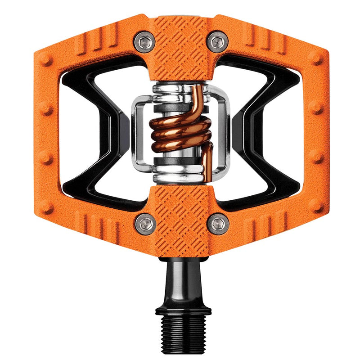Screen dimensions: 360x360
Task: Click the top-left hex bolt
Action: tap(145, 42)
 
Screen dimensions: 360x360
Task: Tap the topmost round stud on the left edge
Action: tap(44, 58)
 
